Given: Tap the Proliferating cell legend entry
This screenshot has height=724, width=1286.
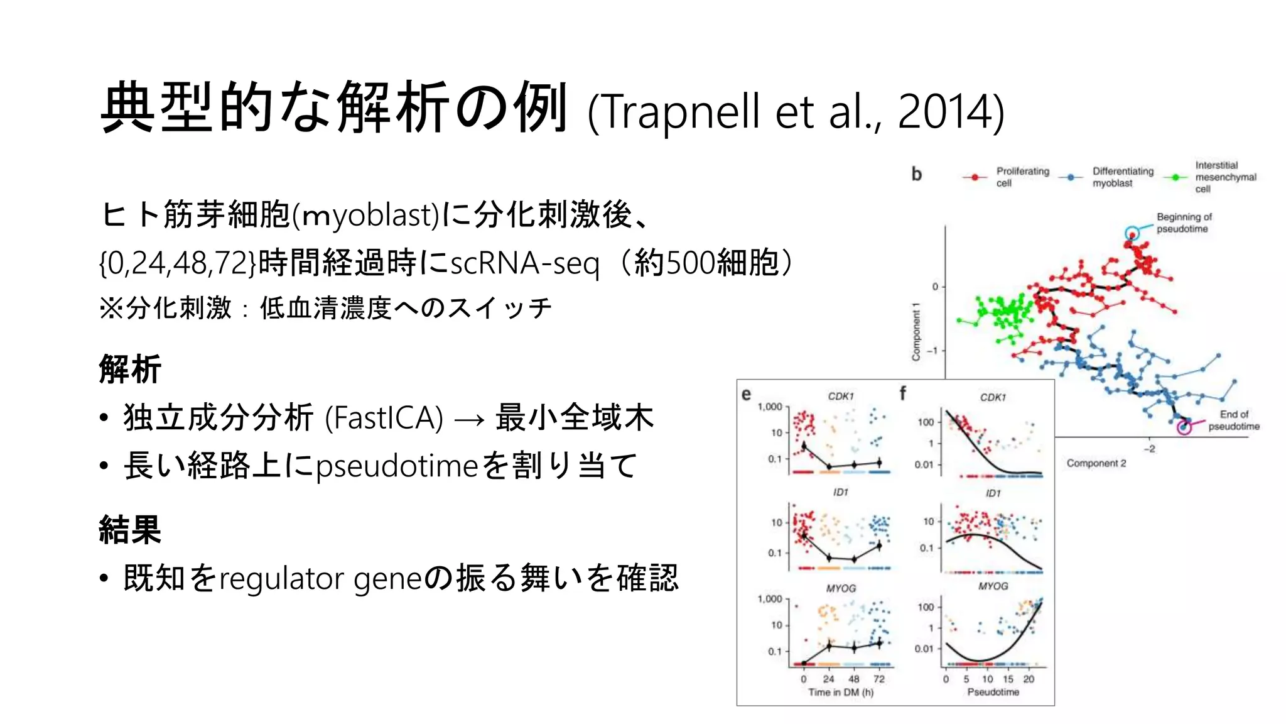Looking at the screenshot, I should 1022,177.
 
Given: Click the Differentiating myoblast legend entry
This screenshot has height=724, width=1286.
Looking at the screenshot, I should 1122,177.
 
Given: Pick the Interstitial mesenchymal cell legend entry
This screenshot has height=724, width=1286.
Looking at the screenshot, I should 1224,177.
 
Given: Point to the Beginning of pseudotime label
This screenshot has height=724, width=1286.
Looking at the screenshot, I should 1184,222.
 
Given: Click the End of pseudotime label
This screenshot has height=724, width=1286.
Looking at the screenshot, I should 1233,420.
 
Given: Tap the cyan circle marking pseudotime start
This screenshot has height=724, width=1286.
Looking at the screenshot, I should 1132,234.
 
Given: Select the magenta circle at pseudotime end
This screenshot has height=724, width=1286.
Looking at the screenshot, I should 1184,427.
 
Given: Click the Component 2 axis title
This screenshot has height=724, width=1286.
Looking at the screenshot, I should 1096,463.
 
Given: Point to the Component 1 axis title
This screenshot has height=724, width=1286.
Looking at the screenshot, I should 916,332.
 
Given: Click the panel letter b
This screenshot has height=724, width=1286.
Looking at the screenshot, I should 916,174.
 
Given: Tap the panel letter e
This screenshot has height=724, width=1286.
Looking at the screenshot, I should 746,394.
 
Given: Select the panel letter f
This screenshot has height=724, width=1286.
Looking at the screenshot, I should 902,393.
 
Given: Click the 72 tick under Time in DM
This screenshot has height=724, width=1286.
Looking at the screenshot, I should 878,679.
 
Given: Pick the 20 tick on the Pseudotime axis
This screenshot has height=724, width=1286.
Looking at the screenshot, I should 1028,679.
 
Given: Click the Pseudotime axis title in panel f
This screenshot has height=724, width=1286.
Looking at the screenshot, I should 993,692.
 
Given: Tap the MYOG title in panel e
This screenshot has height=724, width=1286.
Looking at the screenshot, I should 840,588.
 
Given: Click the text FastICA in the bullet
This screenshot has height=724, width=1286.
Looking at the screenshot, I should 384,418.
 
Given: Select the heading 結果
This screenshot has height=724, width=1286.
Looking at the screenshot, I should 130,529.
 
